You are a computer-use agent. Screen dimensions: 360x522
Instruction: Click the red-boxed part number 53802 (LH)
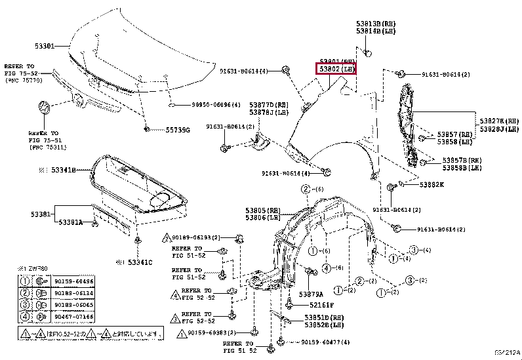(x=336, y=68)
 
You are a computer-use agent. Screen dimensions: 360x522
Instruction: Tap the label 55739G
(x=177, y=130)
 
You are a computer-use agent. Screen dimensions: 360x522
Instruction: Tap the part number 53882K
(x=431, y=184)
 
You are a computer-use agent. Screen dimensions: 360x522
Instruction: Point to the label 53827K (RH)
(x=499, y=121)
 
